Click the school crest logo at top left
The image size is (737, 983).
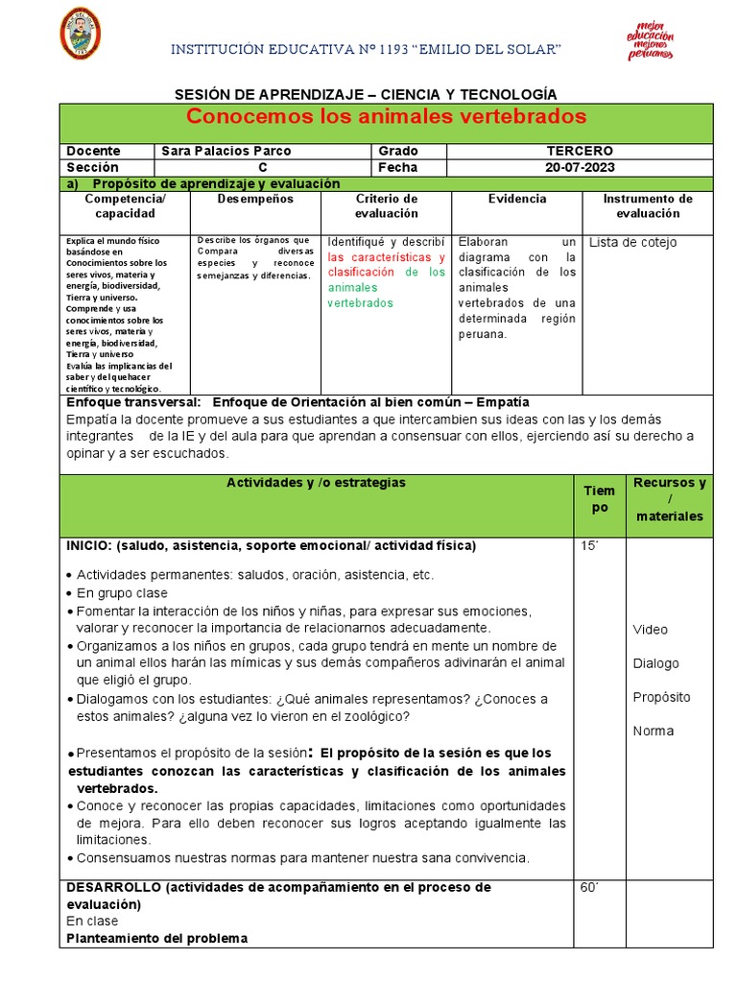click(x=81, y=33)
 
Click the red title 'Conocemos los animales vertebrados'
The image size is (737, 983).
click(x=386, y=117)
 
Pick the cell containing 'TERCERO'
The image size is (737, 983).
click(x=580, y=152)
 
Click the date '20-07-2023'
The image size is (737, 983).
click(x=580, y=167)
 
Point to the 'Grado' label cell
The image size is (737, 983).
click(x=398, y=152)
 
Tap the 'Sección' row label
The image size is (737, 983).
click(x=92, y=167)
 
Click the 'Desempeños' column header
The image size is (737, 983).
click(x=254, y=199)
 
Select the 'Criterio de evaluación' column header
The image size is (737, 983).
click(x=387, y=205)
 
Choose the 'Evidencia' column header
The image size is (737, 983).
click(x=516, y=199)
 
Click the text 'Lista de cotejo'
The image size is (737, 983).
click(x=632, y=242)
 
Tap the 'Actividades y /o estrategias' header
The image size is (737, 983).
click(x=316, y=483)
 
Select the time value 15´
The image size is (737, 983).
click(x=589, y=546)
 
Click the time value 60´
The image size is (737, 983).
click(x=589, y=888)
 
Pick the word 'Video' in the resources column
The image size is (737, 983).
click(x=650, y=630)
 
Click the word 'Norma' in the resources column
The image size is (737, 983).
click(x=653, y=731)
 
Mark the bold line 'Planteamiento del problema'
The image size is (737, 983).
click(x=156, y=938)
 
